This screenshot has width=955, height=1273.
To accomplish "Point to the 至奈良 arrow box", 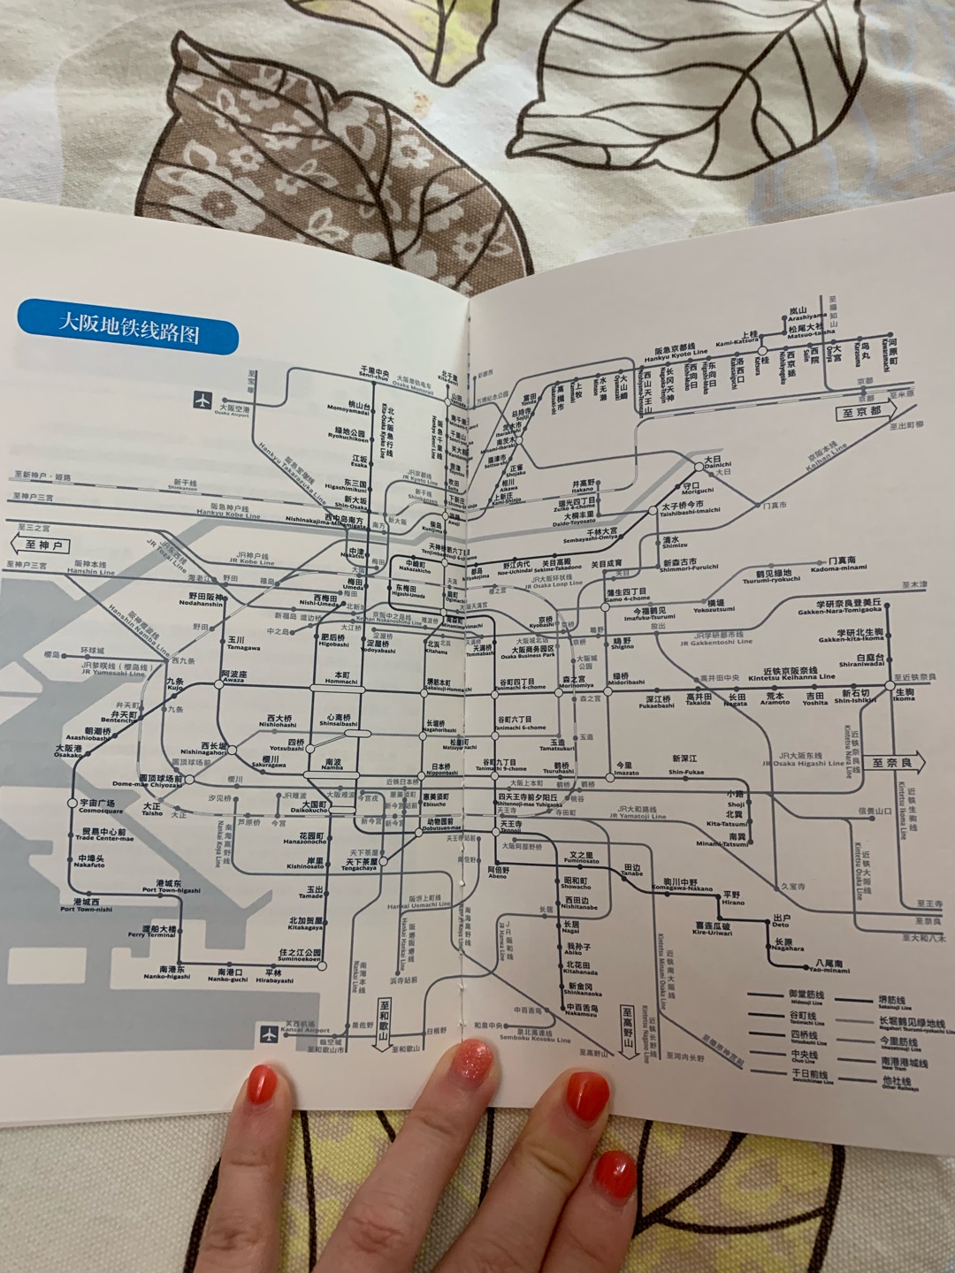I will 895,762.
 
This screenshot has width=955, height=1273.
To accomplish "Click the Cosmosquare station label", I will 100,807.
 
